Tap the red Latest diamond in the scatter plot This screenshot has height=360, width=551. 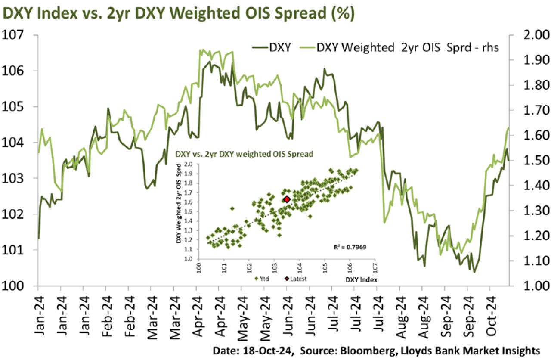[x=287, y=199]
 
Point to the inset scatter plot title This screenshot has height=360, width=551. [x=244, y=153]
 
